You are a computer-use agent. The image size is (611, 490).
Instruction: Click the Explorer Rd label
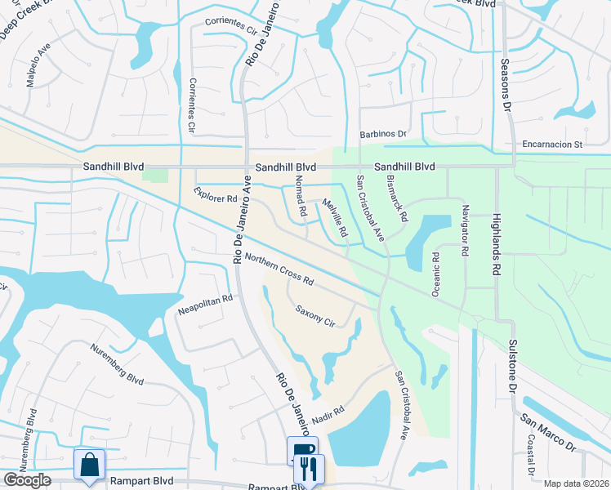[x=215, y=194]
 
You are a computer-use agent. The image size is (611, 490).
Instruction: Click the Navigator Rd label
[x=464, y=231]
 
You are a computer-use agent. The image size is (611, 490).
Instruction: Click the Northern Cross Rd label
[x=279, y=269]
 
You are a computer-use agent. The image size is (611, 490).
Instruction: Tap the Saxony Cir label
[x=315, y=316]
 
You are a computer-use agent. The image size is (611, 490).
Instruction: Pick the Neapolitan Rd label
[x=205, y=305]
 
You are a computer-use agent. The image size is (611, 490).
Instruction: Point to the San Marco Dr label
[x=548, y=434]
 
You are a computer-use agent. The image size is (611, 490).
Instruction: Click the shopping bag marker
[x=90, y=464]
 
